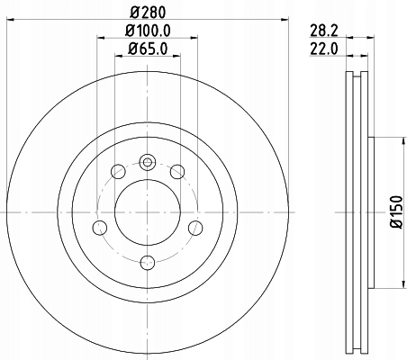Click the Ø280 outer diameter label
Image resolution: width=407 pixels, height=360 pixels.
click(x=148, y=13)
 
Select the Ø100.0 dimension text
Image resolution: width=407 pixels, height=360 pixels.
click(x=148, y=31)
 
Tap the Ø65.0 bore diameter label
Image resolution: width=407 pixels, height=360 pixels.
click(x=148, y=49)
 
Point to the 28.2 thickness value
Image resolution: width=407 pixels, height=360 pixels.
click(x=324, y=31)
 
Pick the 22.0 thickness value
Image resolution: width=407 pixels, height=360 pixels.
click(x=324, y=49)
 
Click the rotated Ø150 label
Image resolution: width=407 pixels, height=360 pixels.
click(x=396, y=212)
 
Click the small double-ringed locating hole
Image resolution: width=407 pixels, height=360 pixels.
click(x=148, y=162)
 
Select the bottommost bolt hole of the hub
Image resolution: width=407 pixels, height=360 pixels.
click(x=148, y=263)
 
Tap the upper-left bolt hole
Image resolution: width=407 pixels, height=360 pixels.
click(x=118, y=172)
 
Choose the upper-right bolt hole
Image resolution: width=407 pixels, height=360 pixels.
click(x=177, y=172)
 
